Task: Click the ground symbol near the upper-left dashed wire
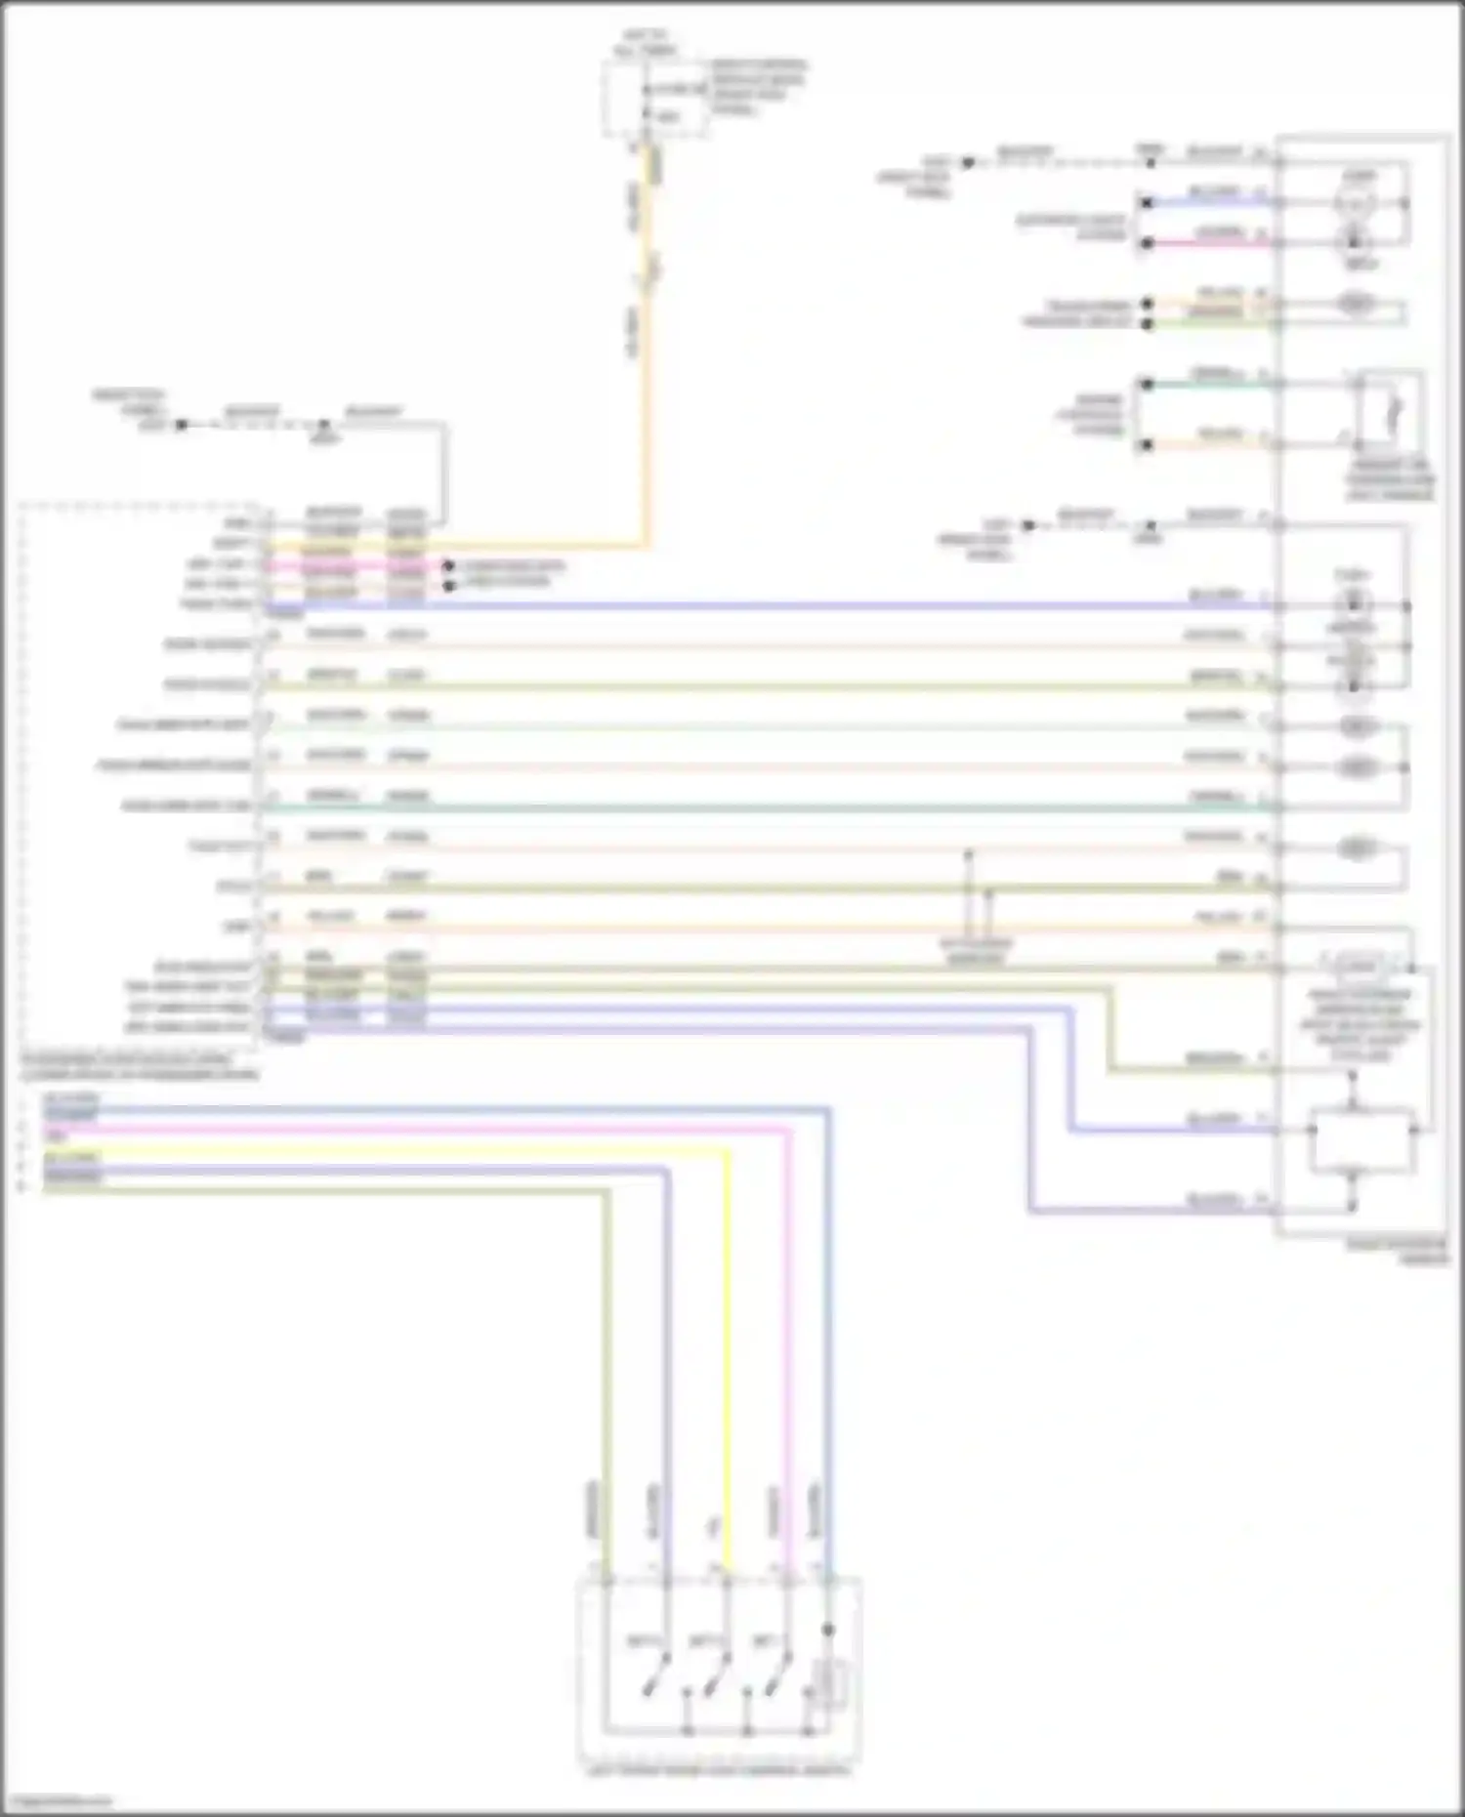[325, 427]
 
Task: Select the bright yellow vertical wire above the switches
[727, 1367]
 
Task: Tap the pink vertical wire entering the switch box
[787, 1367]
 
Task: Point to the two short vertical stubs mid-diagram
[978, 893]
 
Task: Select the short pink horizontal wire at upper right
[1211, 243]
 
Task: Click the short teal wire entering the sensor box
[1211, 384]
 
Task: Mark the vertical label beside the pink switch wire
[774, 1511]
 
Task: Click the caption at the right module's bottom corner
[1397, 1252]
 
